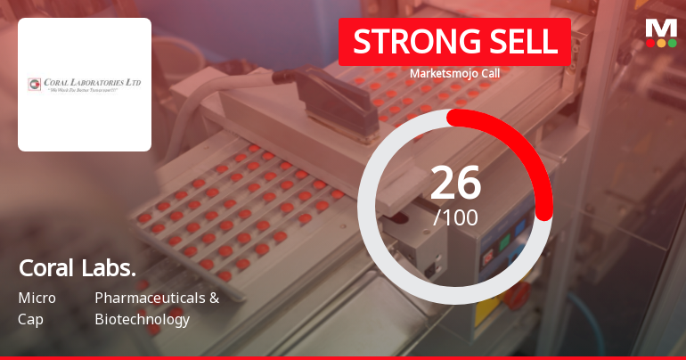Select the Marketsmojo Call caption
tap(454, 74)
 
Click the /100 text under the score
tap(455, 217)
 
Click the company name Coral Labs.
tap(78, 268)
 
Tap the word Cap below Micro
tap(31, 319)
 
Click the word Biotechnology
tap(142, 319)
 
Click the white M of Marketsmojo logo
tap(661, 27)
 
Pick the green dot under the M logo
tap(673, 42)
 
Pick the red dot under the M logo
tap(649, 42)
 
